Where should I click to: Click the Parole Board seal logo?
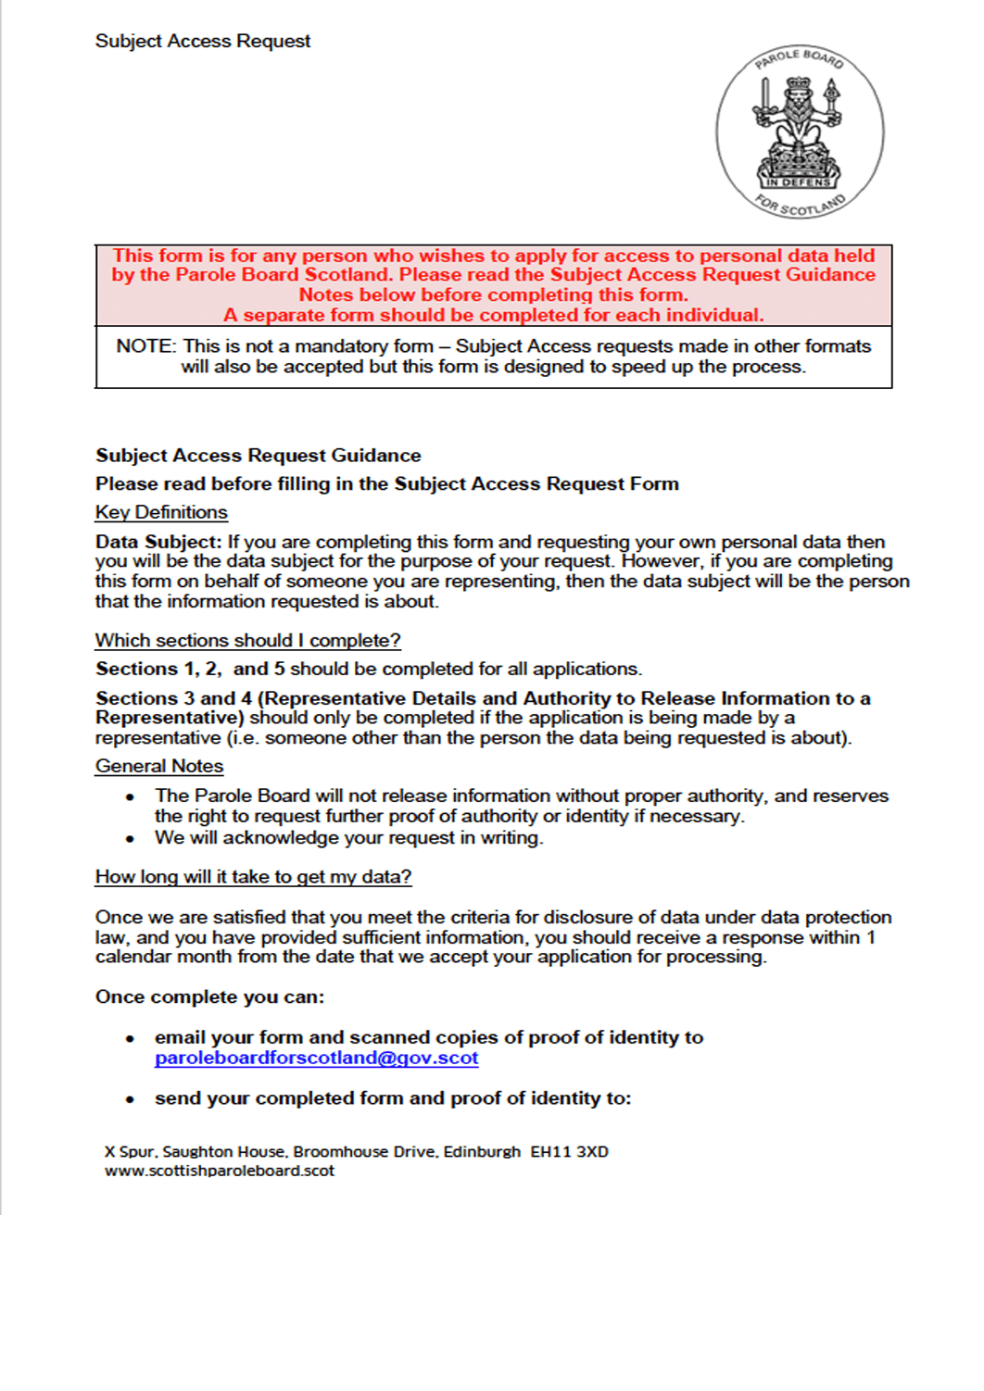click(x=799, y=132)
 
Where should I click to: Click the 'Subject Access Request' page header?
click(x=202, y=42)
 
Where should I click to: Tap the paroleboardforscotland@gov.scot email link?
click(x=316, y=1058)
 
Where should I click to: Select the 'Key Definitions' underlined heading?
click(x=161, y=512)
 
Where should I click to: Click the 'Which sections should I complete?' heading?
click(x=247, y=640)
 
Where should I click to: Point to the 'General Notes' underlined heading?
click(x=159, y=766)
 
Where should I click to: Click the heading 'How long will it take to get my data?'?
click(x=253, y=876)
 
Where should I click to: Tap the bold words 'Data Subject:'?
click(x=158, y=542)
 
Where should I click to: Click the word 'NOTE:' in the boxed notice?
click(x=145, y=346)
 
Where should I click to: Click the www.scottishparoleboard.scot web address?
click(x=220, y=1171)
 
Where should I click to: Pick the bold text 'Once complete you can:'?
click(x=209, y=996)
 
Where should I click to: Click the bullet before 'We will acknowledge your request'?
click(x=131, y=839)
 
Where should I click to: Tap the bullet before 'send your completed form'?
click(x=131, y=1099)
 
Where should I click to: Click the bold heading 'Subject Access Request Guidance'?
click(x=258, y=456)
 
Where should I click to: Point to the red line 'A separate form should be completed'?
click(x=493, y=315)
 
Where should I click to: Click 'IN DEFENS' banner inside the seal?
click(x=798, y=182)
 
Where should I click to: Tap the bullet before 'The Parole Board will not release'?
click(x=131, y=796)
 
